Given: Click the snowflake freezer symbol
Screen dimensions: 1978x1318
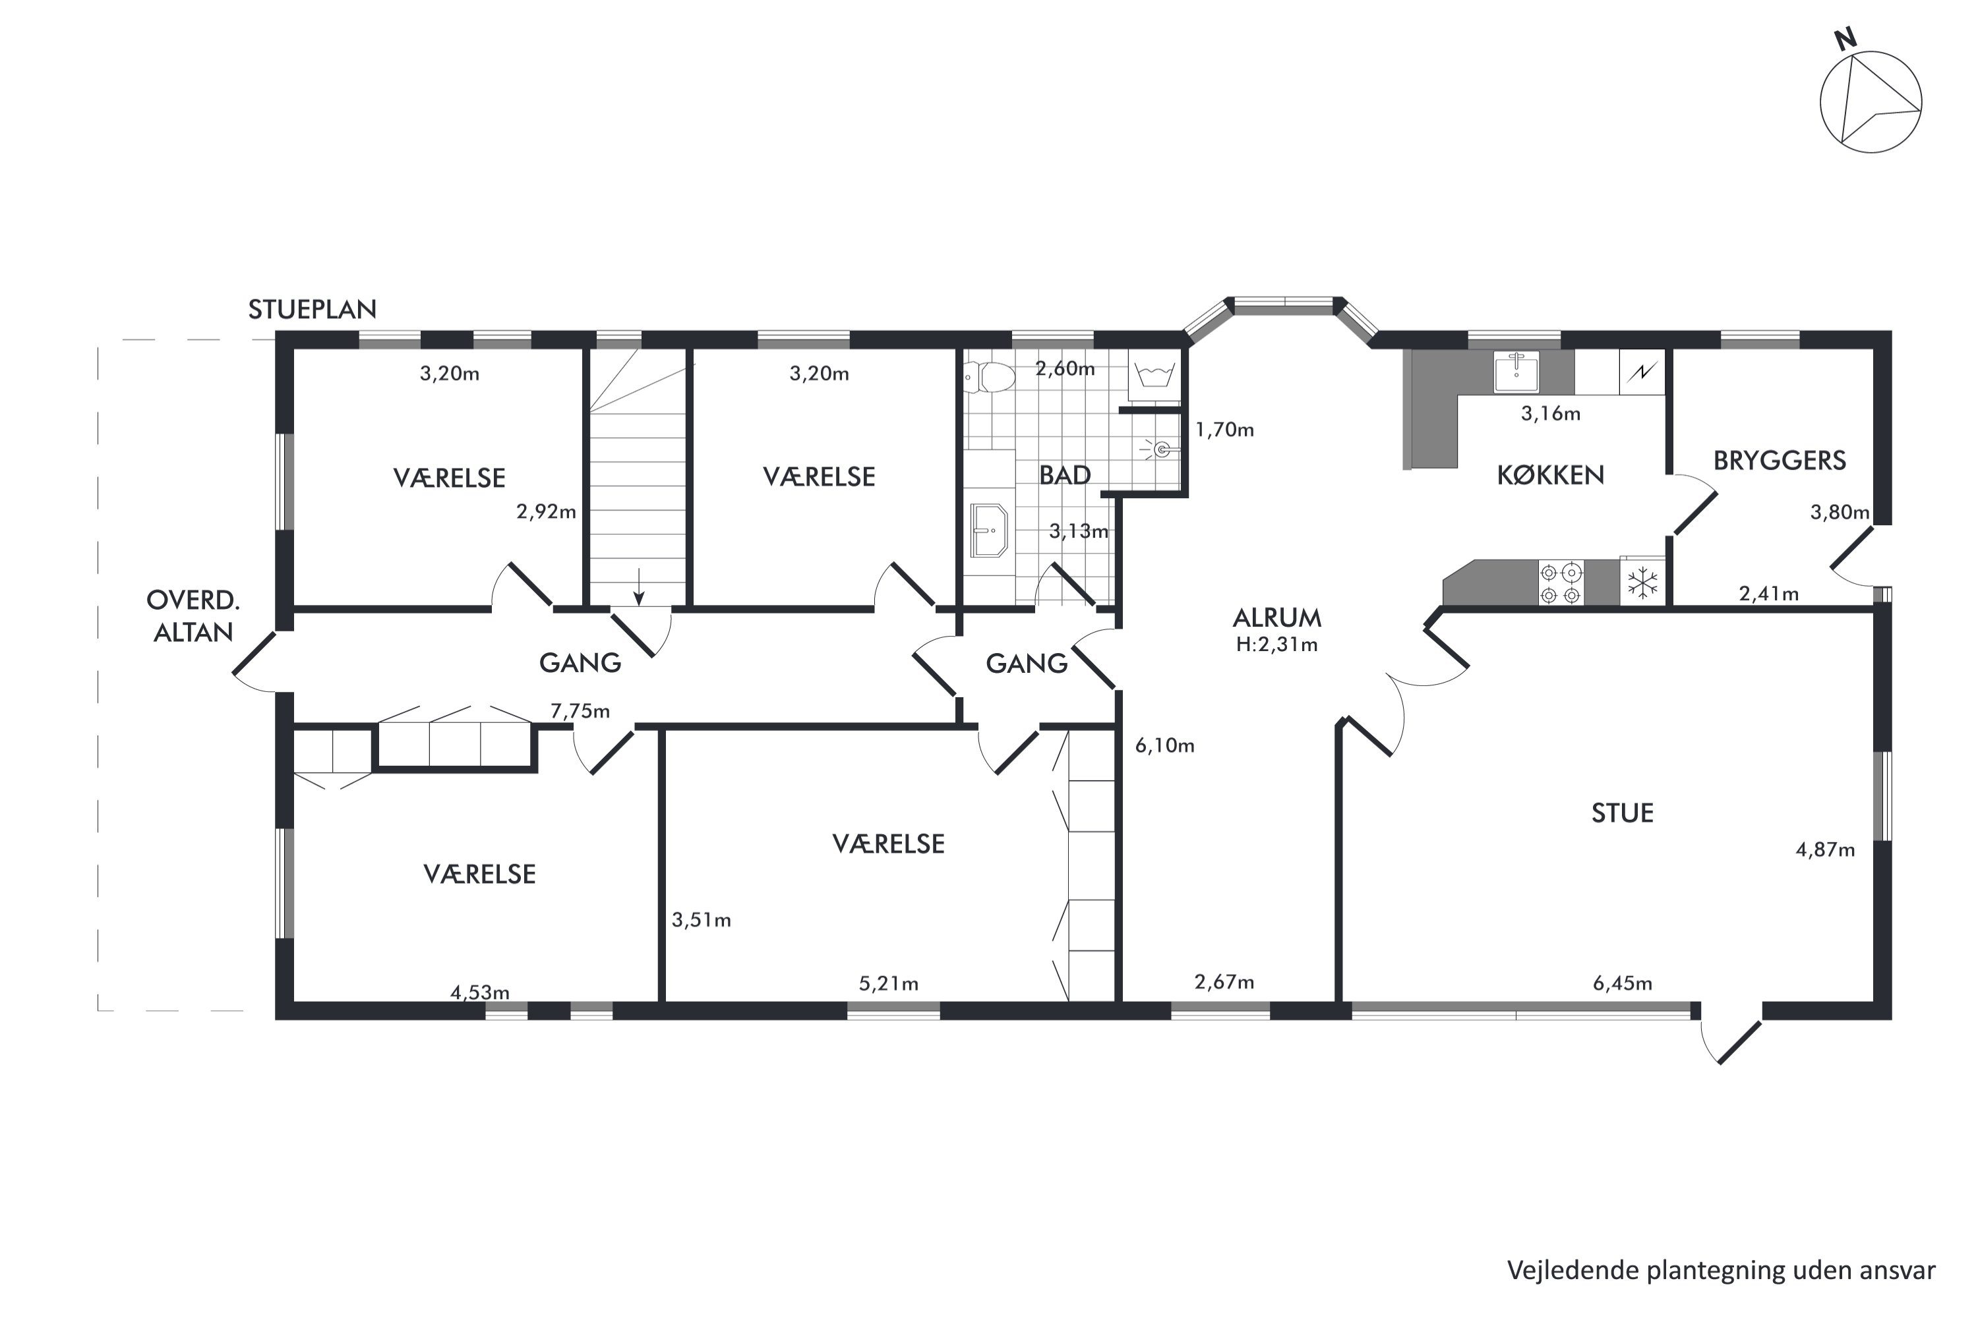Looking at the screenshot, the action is [x=1642, y=583].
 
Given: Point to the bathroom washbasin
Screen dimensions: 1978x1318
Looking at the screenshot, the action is [x=989, y=530].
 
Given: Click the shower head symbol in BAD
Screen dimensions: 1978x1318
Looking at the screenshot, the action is [x=1161, y=449].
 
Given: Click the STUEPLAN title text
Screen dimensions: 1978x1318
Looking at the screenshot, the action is [x=312, y=309].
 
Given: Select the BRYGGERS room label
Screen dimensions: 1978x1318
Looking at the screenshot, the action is [x=1780, y=461].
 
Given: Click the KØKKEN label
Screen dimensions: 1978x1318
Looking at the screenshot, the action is [x=1550, y=475].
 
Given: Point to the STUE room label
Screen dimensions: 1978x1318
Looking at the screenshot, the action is [x=1622, y=813].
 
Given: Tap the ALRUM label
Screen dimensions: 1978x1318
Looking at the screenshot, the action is [x=1276, y=619].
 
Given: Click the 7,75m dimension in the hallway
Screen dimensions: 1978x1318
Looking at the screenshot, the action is [x=580, y=711].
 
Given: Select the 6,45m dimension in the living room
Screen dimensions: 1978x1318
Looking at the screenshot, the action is [x=1622, y=983].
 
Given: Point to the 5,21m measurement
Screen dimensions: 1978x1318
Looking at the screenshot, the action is [x=888, y=983].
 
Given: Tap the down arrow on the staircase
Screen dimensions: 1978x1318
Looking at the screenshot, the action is [x=639, y=587].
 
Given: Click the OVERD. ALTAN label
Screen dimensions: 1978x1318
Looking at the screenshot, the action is [x=193, y=616].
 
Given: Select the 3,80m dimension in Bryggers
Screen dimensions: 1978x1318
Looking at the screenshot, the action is [x=1840, y=512].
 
